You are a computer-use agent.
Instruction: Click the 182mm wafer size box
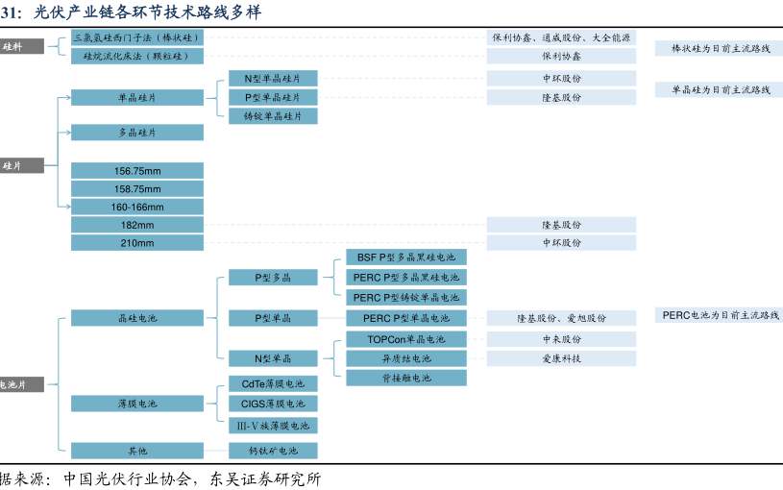tap(137, 225)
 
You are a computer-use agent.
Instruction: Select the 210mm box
tap(137, 243)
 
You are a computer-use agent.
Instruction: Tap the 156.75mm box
tap(137, 171)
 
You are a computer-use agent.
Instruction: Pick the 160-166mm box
tap(137, 207)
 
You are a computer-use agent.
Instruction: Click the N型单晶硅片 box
tap(273, 79)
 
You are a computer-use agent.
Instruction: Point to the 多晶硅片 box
tap(137, 133)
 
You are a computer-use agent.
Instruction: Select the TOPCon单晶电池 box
tap(406, 339)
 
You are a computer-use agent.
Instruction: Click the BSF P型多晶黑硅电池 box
tap(406, 257)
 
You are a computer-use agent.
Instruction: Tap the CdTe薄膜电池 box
tap(273, 383)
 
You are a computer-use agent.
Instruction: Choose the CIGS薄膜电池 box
tap(273, 404)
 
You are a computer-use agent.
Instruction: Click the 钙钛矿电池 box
tap(273, 451)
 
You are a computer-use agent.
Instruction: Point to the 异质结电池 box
tap(406, 358)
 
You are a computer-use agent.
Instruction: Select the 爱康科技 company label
tap(561, 358)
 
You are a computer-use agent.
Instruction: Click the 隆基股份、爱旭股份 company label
tap(561, 318)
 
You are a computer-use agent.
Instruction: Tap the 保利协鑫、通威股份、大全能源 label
tap(561, 37)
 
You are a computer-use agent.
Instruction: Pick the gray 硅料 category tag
tap(21, 46)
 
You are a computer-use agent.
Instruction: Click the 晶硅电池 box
tap(137, 318)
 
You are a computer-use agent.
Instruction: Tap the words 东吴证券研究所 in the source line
tap(265, 479)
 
